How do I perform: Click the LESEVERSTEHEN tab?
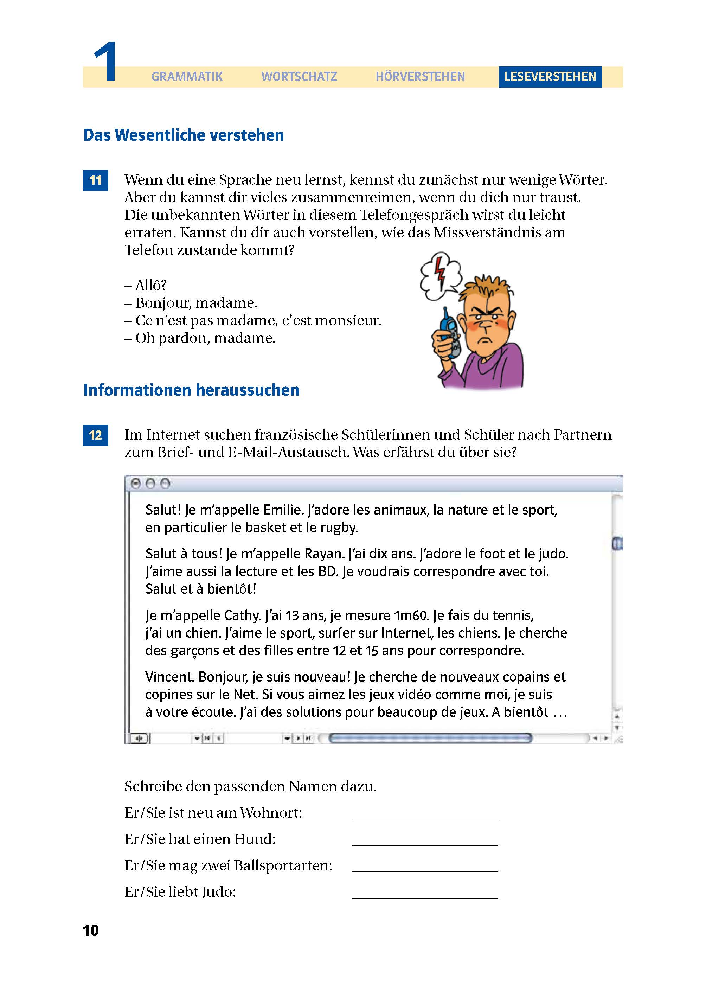550,77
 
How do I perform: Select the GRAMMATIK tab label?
187,77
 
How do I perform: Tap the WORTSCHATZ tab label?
299,77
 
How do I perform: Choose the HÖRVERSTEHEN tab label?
420,77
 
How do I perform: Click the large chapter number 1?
105,62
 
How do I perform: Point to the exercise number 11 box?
95,180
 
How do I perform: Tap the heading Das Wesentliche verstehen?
184,135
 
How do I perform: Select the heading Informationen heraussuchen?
191,390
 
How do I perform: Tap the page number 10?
91,931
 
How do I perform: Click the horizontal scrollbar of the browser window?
430,738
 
